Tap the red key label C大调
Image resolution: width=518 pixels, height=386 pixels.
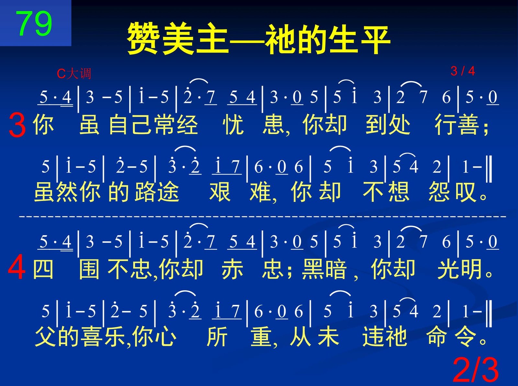(x=74, y=74)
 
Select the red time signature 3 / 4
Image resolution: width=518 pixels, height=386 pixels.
(x=463, y=71)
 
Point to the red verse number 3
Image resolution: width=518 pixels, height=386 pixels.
(x=17, y=125)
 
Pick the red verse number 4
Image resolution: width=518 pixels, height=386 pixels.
(x=17, y=267)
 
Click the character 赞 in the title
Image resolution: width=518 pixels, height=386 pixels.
(x=143, y=39)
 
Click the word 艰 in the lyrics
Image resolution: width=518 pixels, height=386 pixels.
(x=220, y=192)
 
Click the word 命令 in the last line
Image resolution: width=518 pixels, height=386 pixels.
(x=451, y=337)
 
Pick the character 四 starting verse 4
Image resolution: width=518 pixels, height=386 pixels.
(x=43, y=269)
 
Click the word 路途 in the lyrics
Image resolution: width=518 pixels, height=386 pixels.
(x=157, y=192)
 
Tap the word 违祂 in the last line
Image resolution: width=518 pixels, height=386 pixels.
(x=385, y=337)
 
